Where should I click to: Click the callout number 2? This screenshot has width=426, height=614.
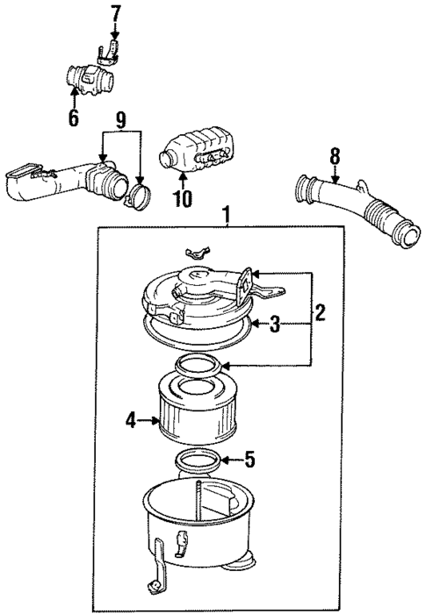tap(321, 311)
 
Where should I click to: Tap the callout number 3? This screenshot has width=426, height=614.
tap(275, 325)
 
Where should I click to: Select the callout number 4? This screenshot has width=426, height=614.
tap(131, 420)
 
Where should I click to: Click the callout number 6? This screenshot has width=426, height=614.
tap(73, 116)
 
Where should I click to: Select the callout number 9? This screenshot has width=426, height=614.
tap(121, 118)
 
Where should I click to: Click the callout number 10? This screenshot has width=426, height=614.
tap(183, 198)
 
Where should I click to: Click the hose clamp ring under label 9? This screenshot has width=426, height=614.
tap(137, 195)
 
